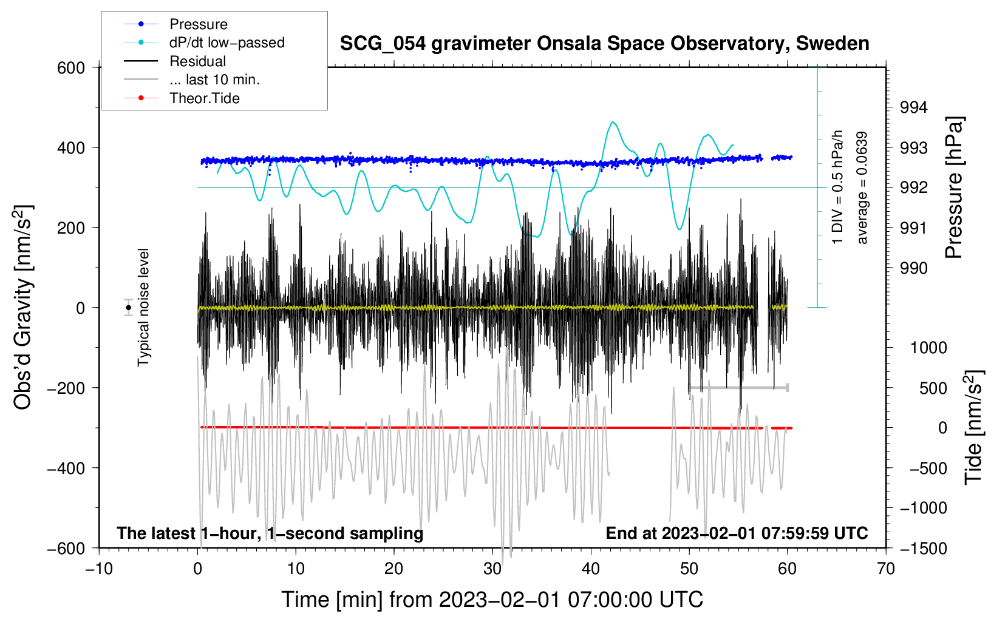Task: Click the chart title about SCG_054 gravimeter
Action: click(604, 44)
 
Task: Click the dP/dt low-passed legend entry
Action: click(226, 42)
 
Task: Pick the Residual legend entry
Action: click(197, 61)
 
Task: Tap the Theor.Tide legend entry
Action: click(204, 98)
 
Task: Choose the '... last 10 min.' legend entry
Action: click(214, 79)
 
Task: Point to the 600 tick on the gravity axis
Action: click(71, 67)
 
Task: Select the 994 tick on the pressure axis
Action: click(914, 107)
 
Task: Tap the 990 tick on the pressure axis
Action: click(914, 268)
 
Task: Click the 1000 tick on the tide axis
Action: click(928, 348)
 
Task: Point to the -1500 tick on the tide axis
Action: click(924, 548)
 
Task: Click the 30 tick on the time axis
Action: click(492, 569)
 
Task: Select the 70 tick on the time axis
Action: click(886, 569)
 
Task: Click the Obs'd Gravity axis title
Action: click(22, 307)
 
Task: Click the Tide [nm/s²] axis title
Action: click(973, 427)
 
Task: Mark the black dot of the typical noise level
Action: click(128, 308)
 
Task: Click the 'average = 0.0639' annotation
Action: click(862, 188)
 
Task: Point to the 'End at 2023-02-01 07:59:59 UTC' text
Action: click(737, 533)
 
